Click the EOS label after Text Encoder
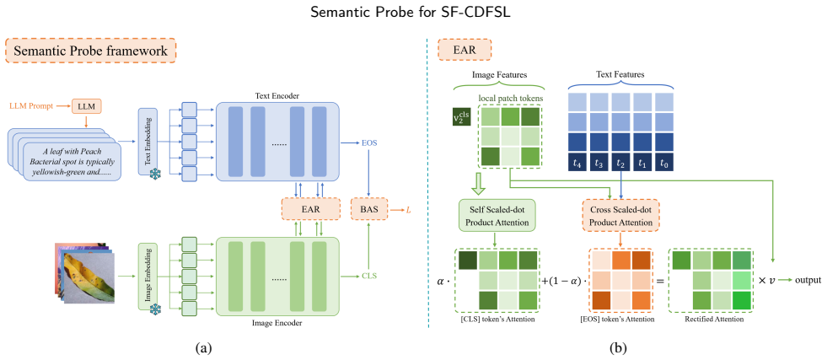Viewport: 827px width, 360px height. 368,142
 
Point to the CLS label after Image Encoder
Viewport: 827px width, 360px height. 368,275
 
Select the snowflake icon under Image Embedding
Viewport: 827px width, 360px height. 157,309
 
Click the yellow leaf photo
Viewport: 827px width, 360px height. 88,277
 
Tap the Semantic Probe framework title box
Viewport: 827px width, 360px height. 91,51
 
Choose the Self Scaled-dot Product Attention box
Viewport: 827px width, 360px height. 497,216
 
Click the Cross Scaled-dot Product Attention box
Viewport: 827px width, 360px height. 620,216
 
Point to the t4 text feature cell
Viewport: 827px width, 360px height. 577,163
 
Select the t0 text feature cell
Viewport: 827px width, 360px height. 664,163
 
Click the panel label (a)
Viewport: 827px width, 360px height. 203,348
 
